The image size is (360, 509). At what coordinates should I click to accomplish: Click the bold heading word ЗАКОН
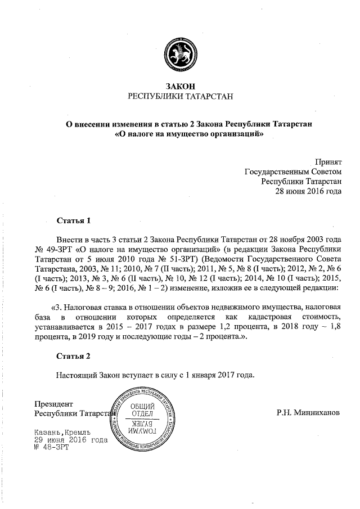[x=180, y=85]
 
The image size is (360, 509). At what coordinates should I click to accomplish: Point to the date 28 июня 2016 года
[x=308, y=191]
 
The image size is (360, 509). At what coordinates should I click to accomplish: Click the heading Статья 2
[x=73, y=357]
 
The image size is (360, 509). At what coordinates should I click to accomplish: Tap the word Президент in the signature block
[x=54, y=404]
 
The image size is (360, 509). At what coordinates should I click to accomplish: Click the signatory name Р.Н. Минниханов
[x=308, y=412]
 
